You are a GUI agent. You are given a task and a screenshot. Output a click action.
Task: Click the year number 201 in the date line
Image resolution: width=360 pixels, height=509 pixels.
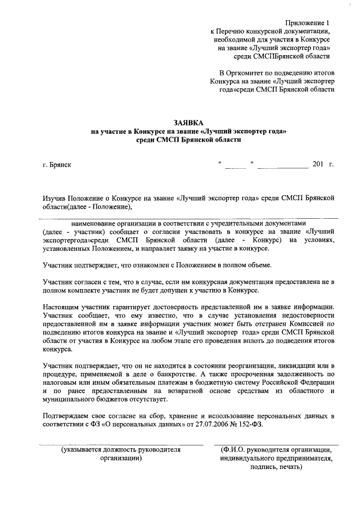tap(318, 164)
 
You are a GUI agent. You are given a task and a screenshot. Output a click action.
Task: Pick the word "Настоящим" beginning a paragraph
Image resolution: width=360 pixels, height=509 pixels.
tap(61, 307)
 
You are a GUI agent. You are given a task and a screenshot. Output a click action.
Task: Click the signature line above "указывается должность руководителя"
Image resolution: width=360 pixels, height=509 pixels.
tap(120, 445)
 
